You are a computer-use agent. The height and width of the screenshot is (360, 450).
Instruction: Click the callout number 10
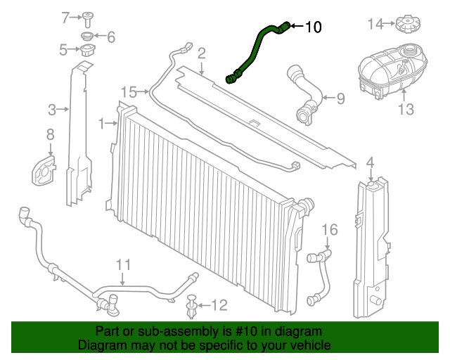point(313,27)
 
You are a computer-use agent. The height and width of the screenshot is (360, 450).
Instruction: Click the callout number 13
point(406,109)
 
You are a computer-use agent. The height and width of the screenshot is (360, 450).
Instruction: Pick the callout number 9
point(340,98)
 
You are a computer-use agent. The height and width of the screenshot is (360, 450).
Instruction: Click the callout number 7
point(66,16)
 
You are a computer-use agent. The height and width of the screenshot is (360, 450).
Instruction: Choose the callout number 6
point(110,36)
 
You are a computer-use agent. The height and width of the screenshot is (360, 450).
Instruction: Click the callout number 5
point(63,49)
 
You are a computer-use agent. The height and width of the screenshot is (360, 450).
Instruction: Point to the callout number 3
point(52,109)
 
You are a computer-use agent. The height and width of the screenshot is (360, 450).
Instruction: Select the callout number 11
point(124,264)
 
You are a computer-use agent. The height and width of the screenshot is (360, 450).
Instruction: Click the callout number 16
point(330,229)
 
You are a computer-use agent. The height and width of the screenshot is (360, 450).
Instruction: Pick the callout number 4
point(371,164)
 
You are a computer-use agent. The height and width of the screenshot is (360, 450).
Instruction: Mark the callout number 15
point(129,91)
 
